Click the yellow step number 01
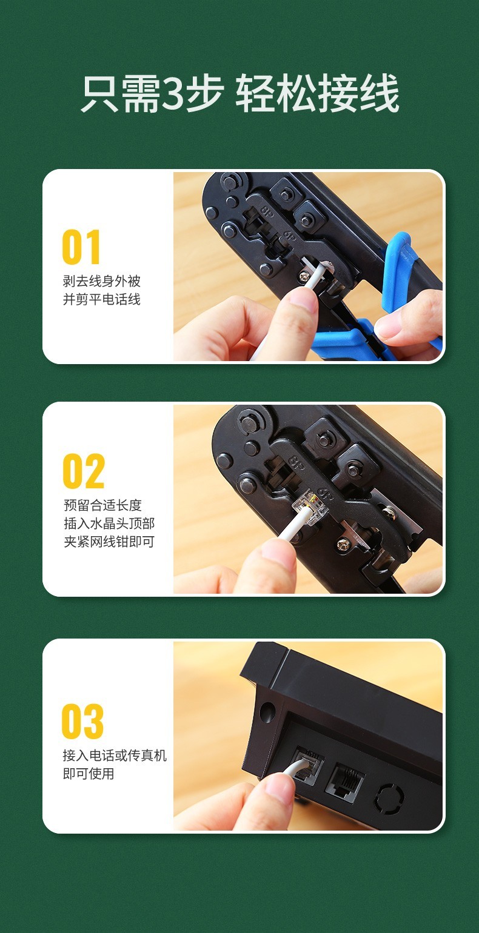pyautogui.click(x=81, y=247)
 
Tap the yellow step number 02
pyautogui.click(x=84, y=471)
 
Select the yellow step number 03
pyautogui.click(x=82, y=721)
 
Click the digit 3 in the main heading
pyautogui.click(x=173, y=93)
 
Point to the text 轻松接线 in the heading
pyautogui.click(x=317, y=93)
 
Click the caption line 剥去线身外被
pyautogui.click(x=101, y=281)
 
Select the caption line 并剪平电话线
pyautogui.click(x=101, y=299)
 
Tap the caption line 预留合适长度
pyautogui.click(x=102, y=505)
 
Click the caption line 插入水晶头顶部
pyautogui.click(x=109, y=523)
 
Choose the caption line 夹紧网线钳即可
pyautogui.click(x=109, y=542)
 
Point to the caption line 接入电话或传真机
pyautogui.click(x=115, y=755)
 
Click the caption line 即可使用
pyautogui.click(x=89, y=774)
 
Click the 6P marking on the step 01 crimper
pyautogui.click(x=289, y=235)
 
